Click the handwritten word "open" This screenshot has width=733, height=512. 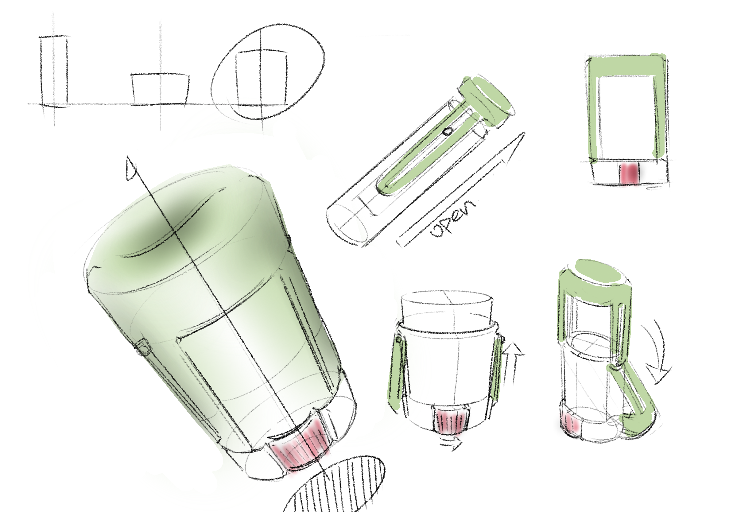(x=453, y=219)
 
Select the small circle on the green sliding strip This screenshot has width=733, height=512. (x=448, y=131)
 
